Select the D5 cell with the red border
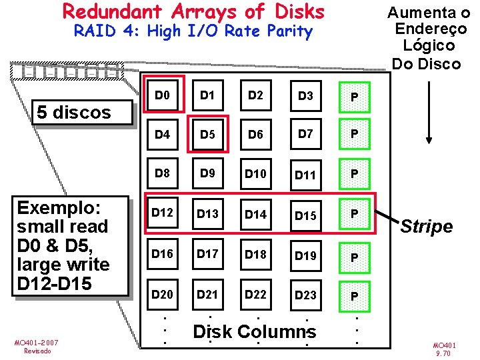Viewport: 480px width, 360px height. click(x=207, y=135)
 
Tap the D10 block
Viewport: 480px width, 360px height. click(x=255, y=174)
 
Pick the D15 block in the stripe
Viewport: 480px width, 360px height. click(x=305, y=215)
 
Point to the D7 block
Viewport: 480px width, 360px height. click(x=305, y=134)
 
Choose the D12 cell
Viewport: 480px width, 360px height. click(x=162, y=213)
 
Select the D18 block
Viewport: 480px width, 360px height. click(x=255, y=254)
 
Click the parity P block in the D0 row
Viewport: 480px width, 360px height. click(x=355, y=98)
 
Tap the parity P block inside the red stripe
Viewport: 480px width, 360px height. click(x=355, y=214)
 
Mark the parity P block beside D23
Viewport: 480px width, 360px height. click(x=355, y=295)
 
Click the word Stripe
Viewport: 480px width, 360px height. click(x=427, y=227)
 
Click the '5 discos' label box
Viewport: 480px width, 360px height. click(x=74, y=112)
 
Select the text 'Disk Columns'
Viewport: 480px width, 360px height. click(x=255, y=331)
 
